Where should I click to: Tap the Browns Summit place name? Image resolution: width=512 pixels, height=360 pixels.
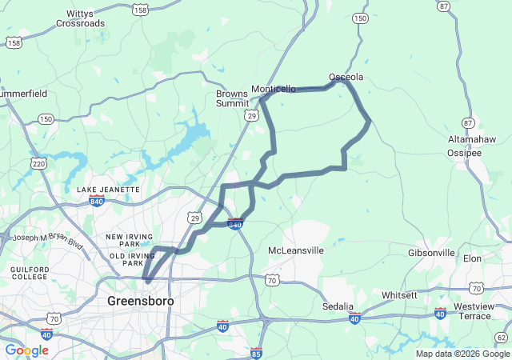coord(232,98)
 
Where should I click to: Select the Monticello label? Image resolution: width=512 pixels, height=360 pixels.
coord(274,89)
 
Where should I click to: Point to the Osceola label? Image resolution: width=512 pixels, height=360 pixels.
coord(346,78)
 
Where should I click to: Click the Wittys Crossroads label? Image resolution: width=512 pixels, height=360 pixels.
coord(80,18)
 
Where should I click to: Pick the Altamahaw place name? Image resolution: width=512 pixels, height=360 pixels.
coord(474,139)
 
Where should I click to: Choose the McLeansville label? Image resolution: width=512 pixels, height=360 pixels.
coord(295,250)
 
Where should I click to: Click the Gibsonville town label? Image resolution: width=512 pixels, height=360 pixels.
coord(431,253)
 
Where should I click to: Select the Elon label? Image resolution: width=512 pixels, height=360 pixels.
coord(472,258)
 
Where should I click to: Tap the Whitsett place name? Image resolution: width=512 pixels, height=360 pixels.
coord(399,295)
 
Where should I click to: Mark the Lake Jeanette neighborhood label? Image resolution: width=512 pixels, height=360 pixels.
coord(108,190)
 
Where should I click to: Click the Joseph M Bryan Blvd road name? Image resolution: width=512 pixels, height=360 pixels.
coord(48,238)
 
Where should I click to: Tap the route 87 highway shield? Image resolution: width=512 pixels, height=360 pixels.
coord(468,122)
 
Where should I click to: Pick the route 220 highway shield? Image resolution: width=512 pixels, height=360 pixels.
coord(38,163)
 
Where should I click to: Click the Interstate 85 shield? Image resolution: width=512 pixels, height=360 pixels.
coord(256,352)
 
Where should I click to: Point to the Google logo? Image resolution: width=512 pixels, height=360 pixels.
coord(26,350)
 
